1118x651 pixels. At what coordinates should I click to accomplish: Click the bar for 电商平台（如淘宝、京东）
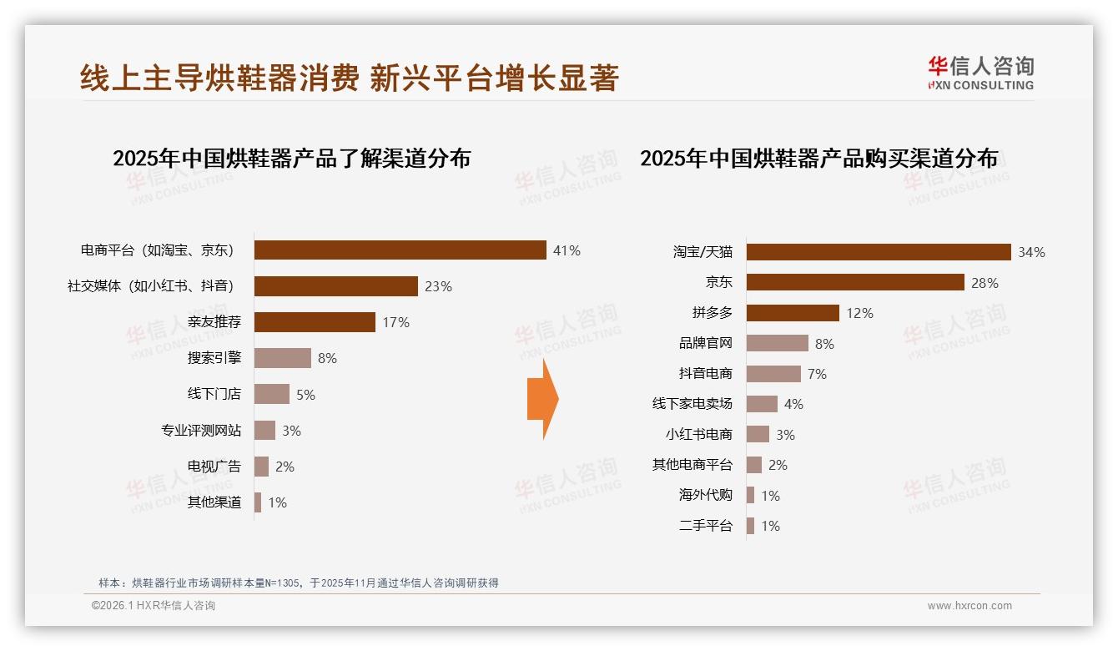pos(400,250)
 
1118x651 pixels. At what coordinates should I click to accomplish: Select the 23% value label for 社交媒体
pos(438,286)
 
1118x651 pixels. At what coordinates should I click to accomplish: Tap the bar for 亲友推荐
pos(315,322)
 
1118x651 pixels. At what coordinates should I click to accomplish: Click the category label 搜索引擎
pos(214,358)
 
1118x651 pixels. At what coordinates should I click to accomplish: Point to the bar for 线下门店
pos(272,394)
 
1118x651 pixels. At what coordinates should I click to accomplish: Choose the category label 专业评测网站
pos(201,431)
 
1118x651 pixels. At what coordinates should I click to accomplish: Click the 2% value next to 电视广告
pos(285,467)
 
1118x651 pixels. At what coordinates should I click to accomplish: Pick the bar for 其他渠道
pos(258,502)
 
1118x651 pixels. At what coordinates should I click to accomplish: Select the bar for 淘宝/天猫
pos(879,252)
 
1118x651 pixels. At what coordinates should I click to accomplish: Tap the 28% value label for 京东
pos(985,283)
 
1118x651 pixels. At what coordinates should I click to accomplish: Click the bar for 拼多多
pos(793,313)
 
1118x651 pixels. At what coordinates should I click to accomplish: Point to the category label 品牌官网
pos(706,343)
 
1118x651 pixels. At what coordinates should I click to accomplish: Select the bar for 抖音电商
pos(773,374)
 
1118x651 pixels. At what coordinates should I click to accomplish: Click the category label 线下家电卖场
pos(692,404)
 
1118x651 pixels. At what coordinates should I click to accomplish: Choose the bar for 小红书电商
pos(758,434)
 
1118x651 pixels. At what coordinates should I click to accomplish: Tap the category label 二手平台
pos(706,526)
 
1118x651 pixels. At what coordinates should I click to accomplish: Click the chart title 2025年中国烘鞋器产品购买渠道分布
pos(818,159)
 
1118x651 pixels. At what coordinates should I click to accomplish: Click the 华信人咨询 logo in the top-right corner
pos(980,73)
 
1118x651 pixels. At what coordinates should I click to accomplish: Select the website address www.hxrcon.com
pos(969,606)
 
